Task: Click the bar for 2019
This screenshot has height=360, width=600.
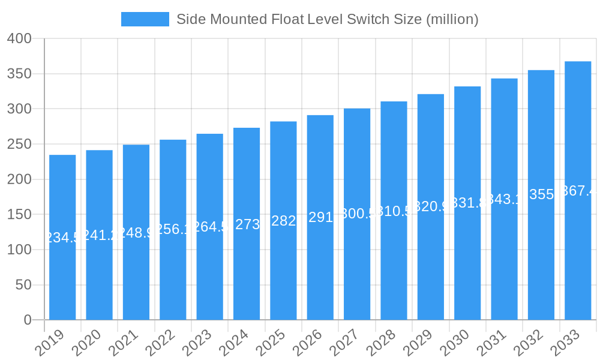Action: [62, 237]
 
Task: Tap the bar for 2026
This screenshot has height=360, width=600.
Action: [320, 217]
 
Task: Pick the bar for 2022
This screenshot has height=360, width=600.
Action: [173, 230]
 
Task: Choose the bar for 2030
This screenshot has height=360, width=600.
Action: [467, 203]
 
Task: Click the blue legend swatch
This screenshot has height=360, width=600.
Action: [145, 19]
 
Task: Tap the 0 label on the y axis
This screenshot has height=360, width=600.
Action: [28, 320]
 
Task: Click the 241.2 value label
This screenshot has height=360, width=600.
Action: [99, 235]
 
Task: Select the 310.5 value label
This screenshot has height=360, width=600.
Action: [394, 211]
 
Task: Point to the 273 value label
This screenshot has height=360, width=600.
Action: [247, 224]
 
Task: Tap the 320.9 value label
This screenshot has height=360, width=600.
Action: [431, 207]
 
